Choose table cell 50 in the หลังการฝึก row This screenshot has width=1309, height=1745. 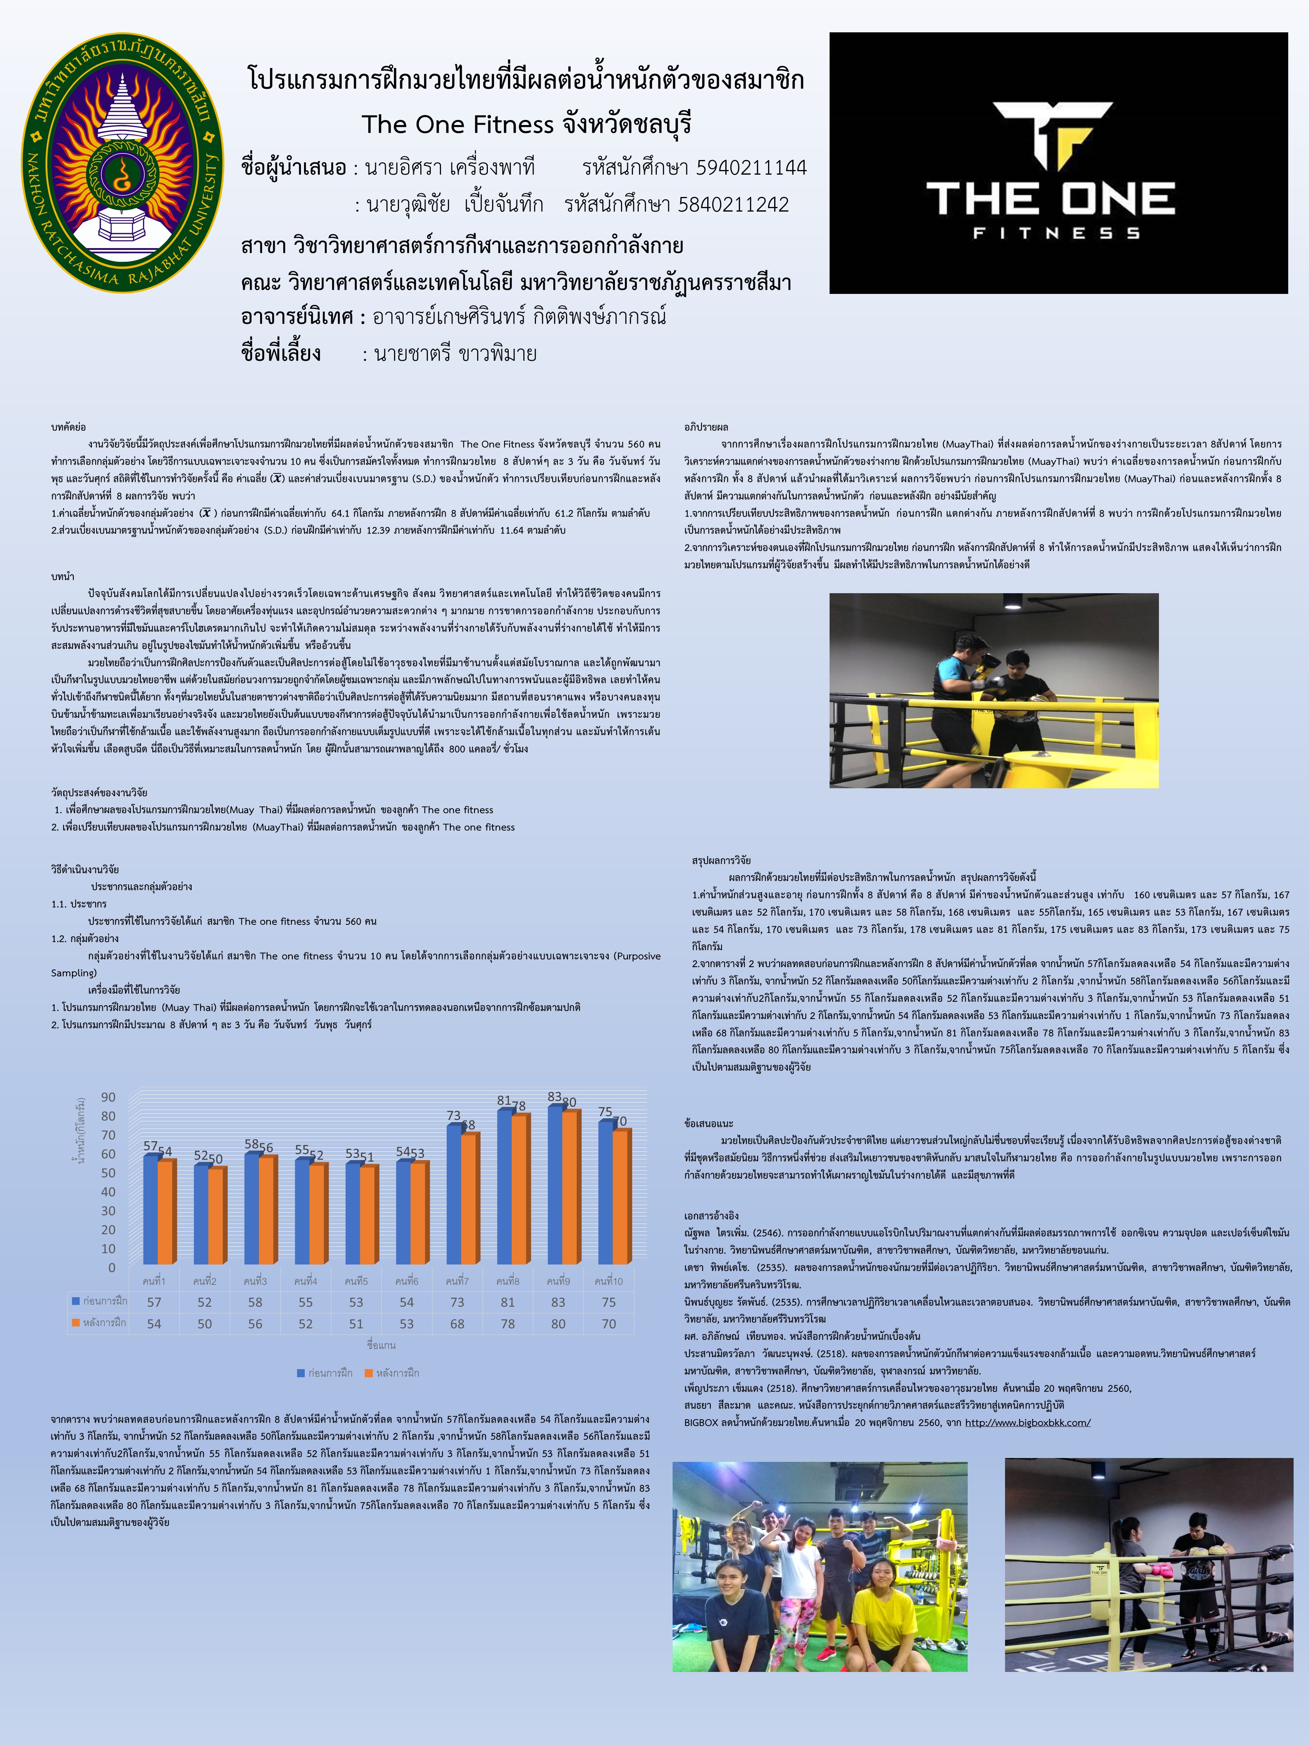point(204,1324)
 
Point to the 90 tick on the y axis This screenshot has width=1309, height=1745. point(108,1097)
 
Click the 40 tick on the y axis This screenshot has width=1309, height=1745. point(108,1192)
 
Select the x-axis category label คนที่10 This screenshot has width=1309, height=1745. point(608,1281)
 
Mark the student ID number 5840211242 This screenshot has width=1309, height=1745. point(733,205)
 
